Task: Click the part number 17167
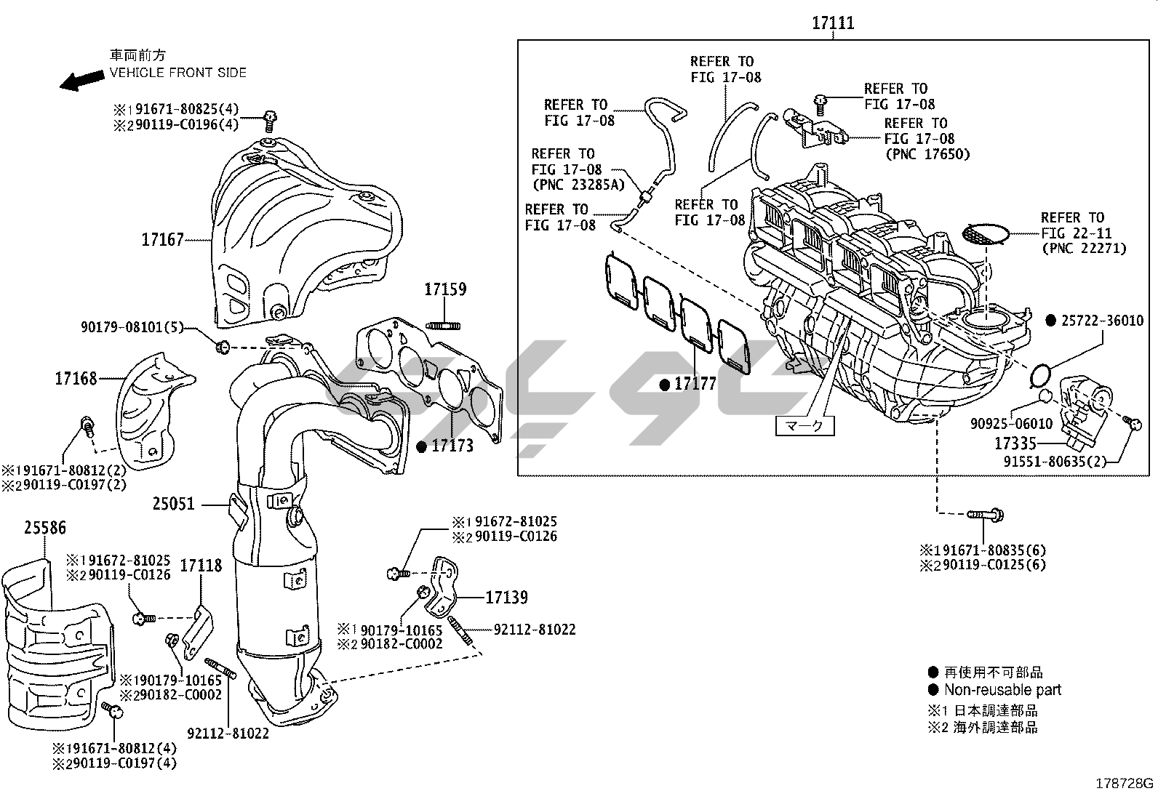162,239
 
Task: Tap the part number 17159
445,289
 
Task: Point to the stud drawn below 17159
445,324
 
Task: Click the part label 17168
76,378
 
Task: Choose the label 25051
174,503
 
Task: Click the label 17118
201,565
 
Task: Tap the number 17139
506,598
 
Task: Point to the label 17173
452,446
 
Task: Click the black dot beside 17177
664,385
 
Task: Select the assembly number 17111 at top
833,23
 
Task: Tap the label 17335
1015,443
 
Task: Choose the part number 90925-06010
1011,424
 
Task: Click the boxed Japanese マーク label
805,426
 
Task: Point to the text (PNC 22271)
1083,249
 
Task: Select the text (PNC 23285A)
578,185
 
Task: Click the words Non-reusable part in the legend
1002,690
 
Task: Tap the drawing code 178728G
1125,784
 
